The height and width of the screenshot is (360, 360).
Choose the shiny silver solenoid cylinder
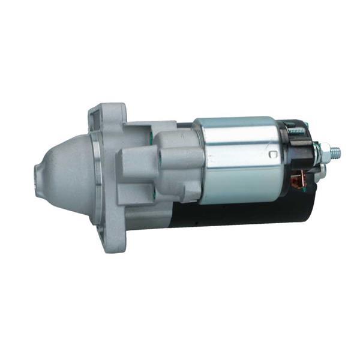pyautogui.click(x=240, y=159)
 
